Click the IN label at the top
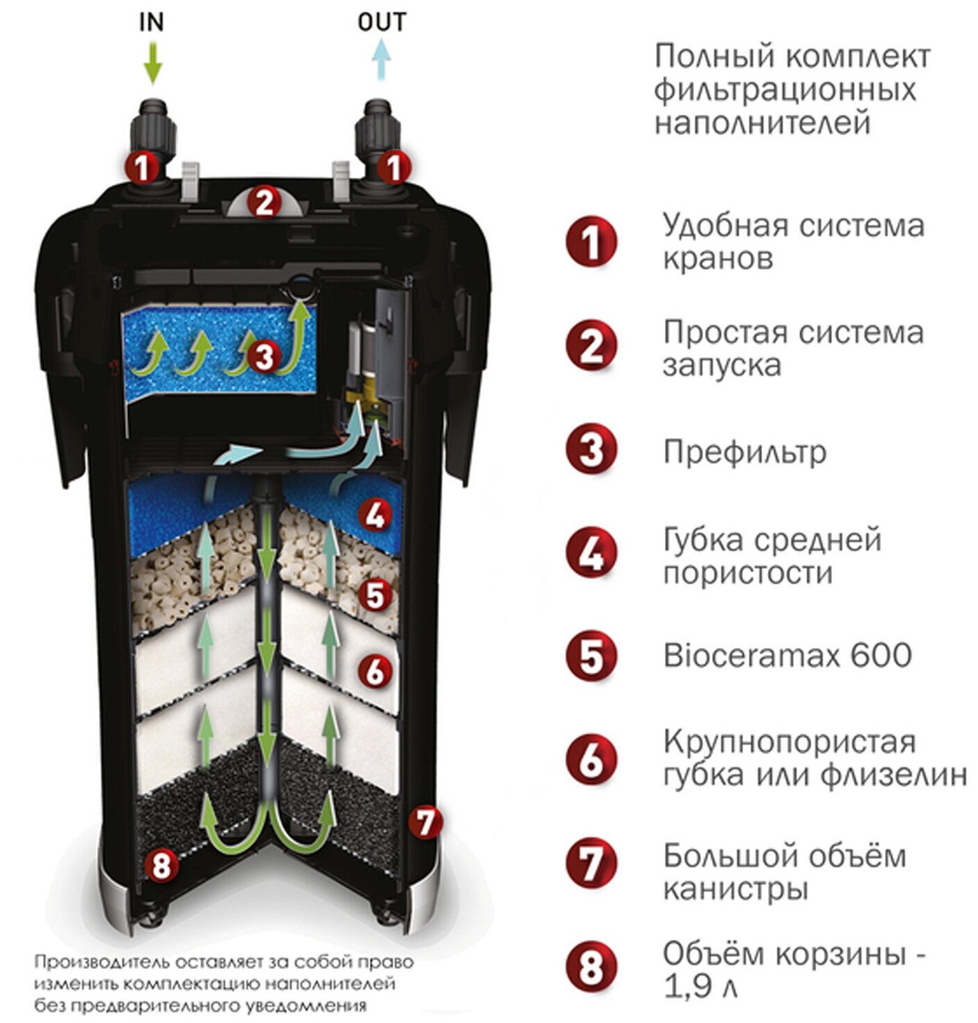pyautogui.click(x=151, y=22)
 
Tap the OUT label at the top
pyautogui.click(x=382, y=22)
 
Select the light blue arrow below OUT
pyautogui.click(x=381, y=61)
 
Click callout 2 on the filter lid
pyautogui.click(x=264, y=202)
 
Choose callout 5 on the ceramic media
pyautogui.click(x=375, y=595)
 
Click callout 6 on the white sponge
pyautogui.click(x=375, y=670)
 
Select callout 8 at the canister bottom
pyautogui.click(x=161, y=864)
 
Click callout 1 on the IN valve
pyautogui.click(x=141, y=167)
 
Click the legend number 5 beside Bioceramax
pyautogui.click(x=591, y=656)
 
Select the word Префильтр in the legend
pyautogui.click(x=745, y=452)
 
